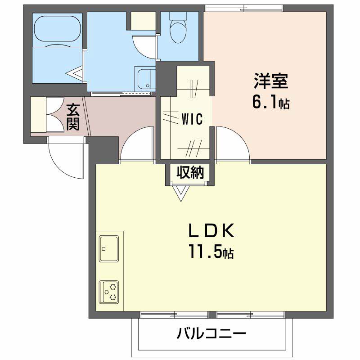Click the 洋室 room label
(x=271, y=81)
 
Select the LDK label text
(x=211, y=230)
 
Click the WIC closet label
(x=192, y=119)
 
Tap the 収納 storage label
(x=190, y=172)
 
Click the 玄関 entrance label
(x=73, y=117)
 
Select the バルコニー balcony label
(x=211, y=333)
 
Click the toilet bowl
(x=178, y=31)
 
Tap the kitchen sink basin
(x=109, y=249)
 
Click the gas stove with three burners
(x=109, y=292)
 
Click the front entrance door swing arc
(x=63, y=164)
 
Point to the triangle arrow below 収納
(x=181, y=193)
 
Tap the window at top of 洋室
(x=244, y=8)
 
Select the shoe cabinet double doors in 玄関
(x=55, y=114)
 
